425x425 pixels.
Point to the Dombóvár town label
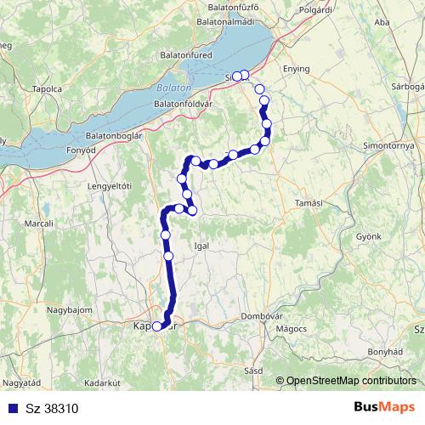click(261, 315)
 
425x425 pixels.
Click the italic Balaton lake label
click(174, 88)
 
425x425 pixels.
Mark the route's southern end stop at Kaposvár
click(156, 326)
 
